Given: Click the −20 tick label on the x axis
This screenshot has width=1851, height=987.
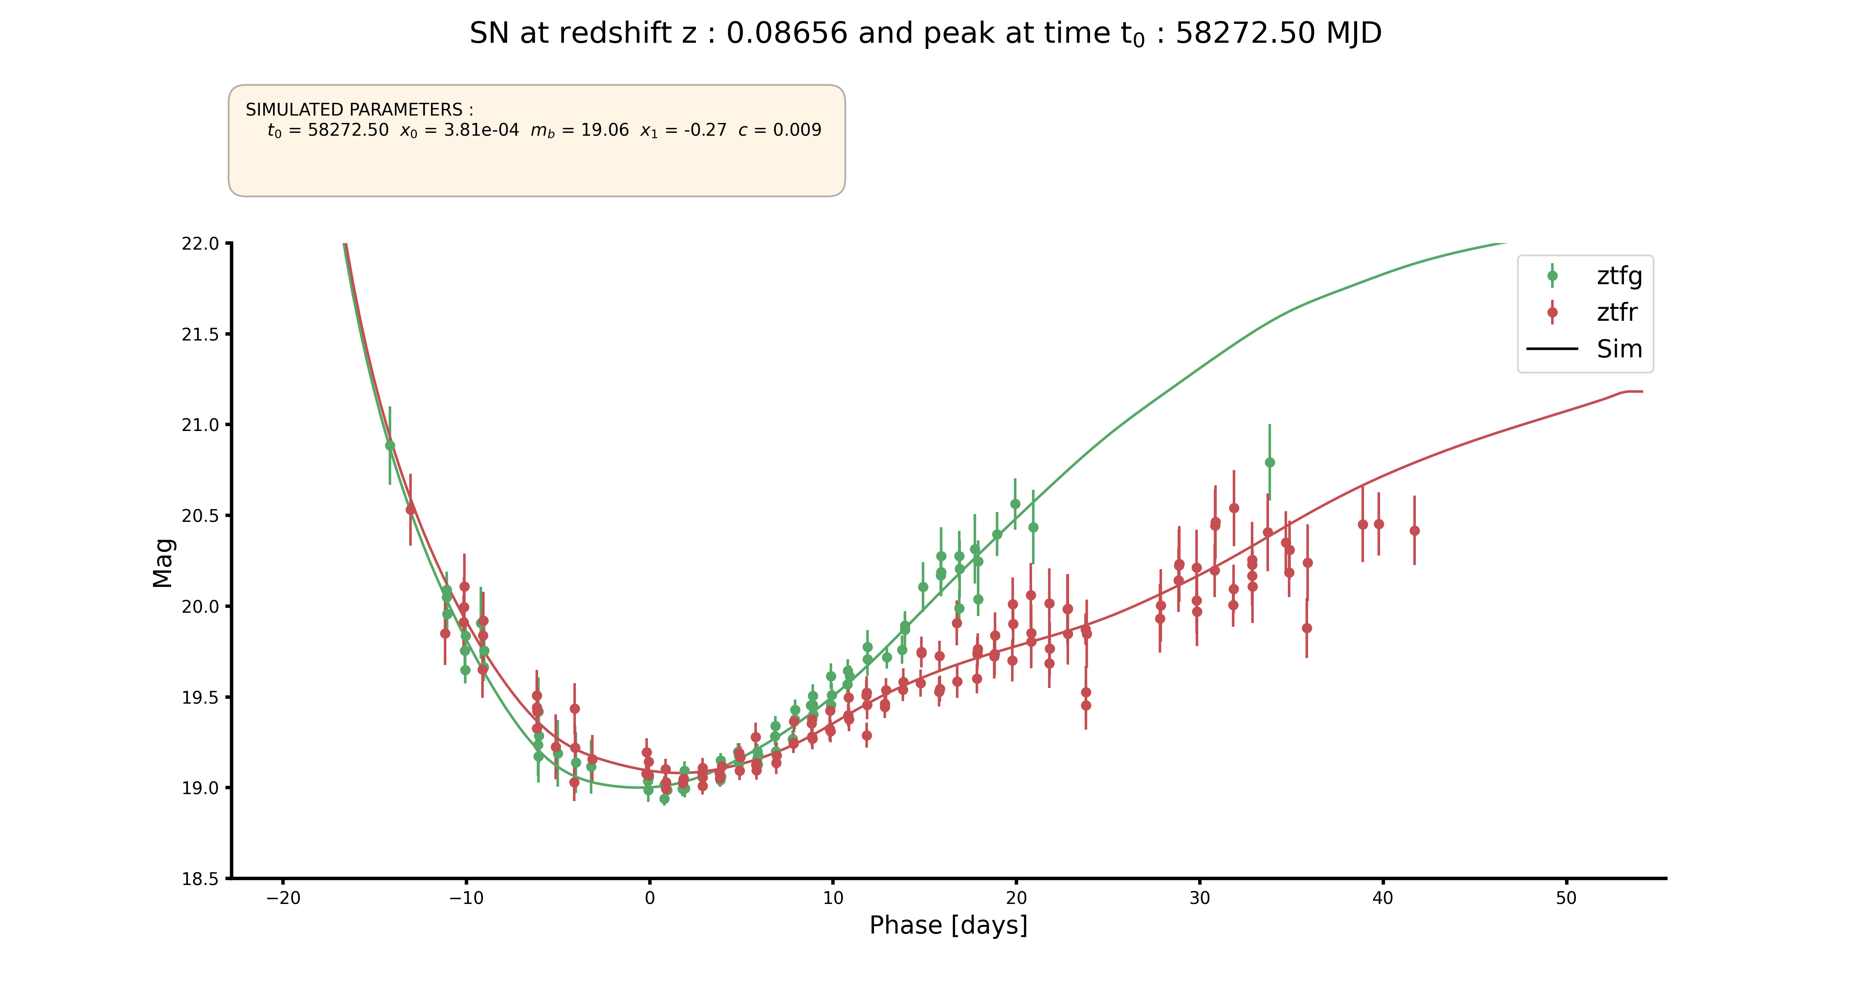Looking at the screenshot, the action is click(283, 898).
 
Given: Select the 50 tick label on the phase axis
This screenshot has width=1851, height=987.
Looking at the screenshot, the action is click(1566, 898).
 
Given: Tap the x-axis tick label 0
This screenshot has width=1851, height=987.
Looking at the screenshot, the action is click(649, 898).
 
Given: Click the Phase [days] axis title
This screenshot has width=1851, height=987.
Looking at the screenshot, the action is click(949, 925).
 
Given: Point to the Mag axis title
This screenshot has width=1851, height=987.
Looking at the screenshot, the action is click(163, 563).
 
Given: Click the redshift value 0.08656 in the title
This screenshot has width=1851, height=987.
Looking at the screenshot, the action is click(787, 33).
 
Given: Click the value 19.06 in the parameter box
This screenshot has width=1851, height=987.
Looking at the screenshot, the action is click(605, 130).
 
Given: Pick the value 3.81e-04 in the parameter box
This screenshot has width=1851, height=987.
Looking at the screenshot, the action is click(481, 130).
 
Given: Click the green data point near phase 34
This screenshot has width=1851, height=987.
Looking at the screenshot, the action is click(1270, 463).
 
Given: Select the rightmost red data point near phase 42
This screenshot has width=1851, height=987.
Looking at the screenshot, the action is click(1414, 531).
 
